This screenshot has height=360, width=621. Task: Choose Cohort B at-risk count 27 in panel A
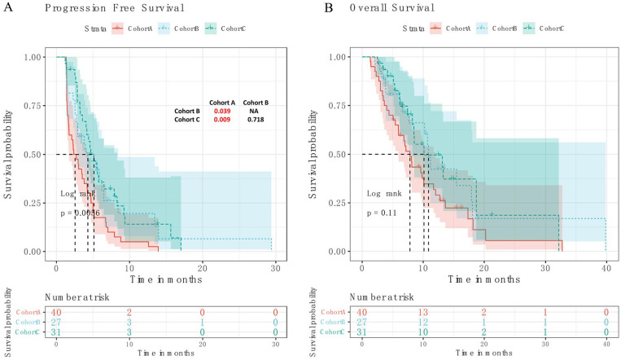point(56,322)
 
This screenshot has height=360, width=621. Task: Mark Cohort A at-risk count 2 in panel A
point(129,312)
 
